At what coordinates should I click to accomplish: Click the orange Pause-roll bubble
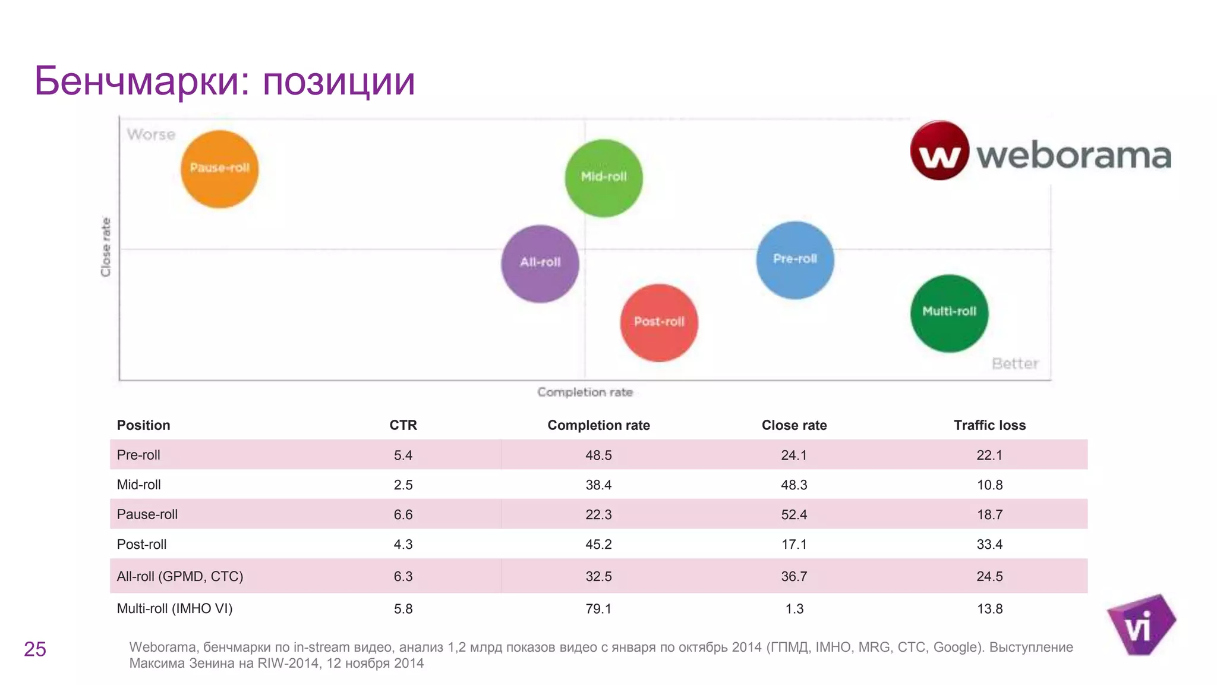click(219, 169)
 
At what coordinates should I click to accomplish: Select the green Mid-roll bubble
click(603, 178)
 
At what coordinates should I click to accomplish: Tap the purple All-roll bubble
click(540, 263)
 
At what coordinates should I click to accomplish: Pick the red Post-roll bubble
click(658, 323)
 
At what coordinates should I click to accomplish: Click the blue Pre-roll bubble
click(794, 260)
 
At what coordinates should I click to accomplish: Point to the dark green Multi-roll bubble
click(949, 313)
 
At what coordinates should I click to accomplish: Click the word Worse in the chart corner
click(151, 134)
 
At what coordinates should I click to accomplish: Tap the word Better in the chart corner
click(1015, 363)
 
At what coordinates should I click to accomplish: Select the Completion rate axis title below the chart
click(585, 392)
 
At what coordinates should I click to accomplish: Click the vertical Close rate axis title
click(106, 247)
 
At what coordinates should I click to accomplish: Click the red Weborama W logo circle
click(939, 150)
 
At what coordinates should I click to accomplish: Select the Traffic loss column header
click(989, 425)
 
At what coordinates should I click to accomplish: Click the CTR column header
click(403, 425)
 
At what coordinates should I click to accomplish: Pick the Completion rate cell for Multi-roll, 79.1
click(598, 609)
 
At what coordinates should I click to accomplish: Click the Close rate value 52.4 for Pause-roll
click(793, 514)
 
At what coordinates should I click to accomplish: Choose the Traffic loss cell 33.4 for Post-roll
click(989, 544)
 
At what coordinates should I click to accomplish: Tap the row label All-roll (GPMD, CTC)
click(179, 576)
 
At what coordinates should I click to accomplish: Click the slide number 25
click(35, 649)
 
